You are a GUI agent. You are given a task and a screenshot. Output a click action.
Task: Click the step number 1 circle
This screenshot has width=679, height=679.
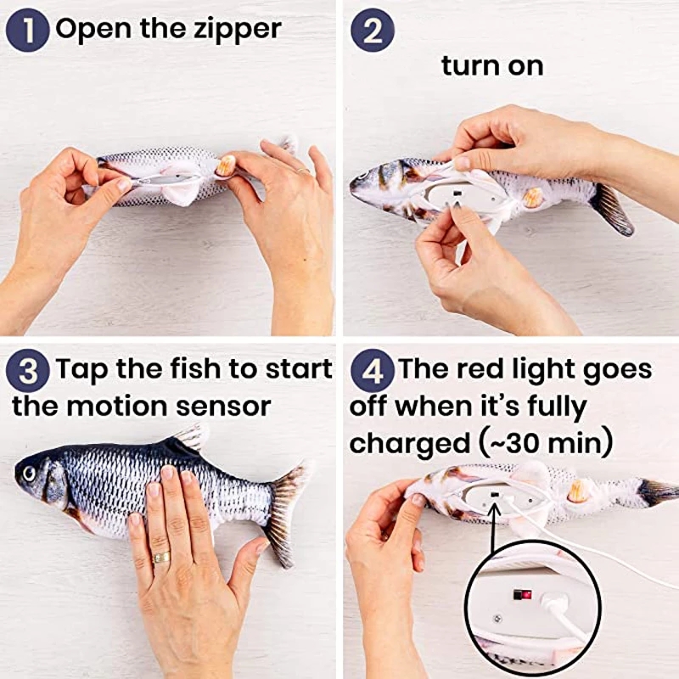coord(29,29)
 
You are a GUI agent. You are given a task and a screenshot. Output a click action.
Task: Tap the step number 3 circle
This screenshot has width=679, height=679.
coord(29,371)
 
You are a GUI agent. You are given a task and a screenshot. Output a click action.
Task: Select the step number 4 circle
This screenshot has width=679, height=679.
coord(372,371)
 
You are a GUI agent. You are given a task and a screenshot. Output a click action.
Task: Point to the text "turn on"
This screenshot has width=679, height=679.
coord(491,65)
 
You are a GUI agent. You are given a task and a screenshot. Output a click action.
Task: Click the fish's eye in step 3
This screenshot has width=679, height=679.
coord(31,469)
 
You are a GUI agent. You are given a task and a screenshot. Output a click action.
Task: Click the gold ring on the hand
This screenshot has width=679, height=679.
coord(160,558)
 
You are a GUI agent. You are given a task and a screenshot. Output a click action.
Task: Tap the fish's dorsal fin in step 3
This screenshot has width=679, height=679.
coord(188,439)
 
